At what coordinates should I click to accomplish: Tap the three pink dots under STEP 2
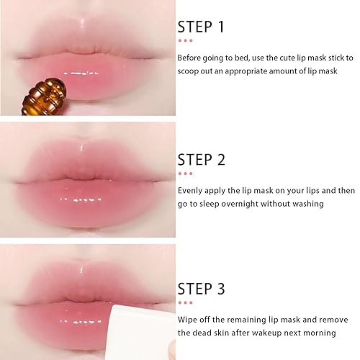tap(185, 174)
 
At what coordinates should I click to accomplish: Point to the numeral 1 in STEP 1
tap(220, 27)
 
